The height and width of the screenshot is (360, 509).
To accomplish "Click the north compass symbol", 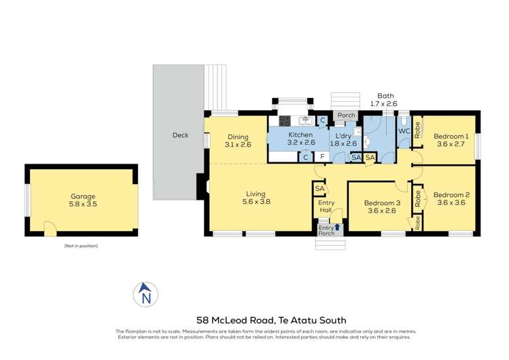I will coord(145,294).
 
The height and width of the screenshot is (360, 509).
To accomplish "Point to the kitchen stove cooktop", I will coord(283,122).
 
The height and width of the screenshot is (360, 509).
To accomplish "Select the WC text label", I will coord(403,131).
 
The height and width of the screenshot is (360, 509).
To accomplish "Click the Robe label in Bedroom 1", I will coord(417,129).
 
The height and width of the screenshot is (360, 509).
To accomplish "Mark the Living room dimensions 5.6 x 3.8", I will coord(257,201).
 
